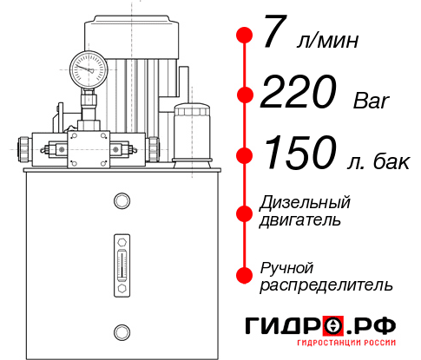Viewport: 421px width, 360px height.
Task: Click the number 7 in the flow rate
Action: tap(276, 35)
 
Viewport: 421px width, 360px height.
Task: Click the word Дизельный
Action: tap(305, 203)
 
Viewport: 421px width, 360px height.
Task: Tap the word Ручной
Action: tap(287, 267)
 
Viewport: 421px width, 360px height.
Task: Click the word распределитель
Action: tap(326, 284)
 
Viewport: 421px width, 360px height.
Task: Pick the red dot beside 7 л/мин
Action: tap(245, 36)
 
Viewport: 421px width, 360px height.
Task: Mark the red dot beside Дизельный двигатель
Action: tap(245, 211)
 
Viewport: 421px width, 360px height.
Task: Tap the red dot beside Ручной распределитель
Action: tap(245, 275)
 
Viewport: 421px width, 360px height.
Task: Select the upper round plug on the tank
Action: tap(121, 202)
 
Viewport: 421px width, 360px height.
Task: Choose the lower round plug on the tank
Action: tap(121, 330)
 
